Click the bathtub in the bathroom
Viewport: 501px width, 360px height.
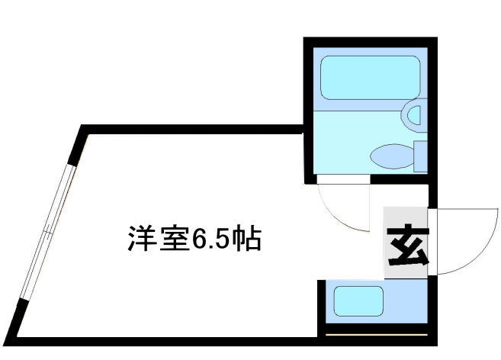coord(370,78)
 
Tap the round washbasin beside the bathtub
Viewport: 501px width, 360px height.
coord(414,116)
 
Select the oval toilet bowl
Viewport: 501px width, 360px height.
coord(392,156)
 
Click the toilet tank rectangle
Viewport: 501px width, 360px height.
coord(420,156)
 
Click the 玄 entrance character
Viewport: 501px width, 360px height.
coord(407,244)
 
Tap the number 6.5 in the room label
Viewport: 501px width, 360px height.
coord(210,239)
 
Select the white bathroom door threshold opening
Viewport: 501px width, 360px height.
coord(343,179)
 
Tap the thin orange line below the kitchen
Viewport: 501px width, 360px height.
coord(377,335)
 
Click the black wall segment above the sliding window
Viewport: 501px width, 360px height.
coord(77,146)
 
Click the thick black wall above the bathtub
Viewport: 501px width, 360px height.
coord(371,42)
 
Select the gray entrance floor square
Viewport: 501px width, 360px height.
coord(406,243)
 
